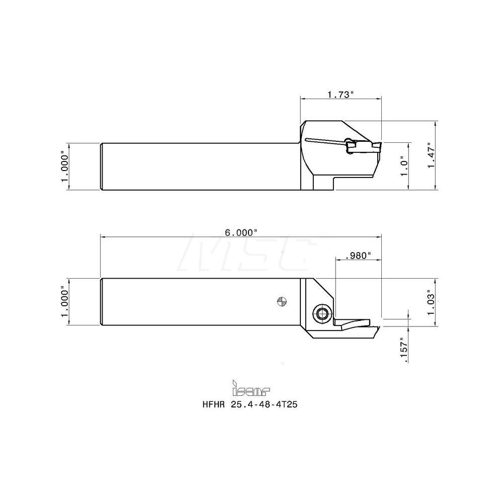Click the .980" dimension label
pyautogui.click(x=359, y=256)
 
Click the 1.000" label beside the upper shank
pyautogui.click(x=64, y=166)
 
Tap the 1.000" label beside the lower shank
pyautogui.click(x=64, y=302)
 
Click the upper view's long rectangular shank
pyautogui.click(x=201, y=166)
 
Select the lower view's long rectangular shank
pyautogui.click(x=201, y=302)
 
